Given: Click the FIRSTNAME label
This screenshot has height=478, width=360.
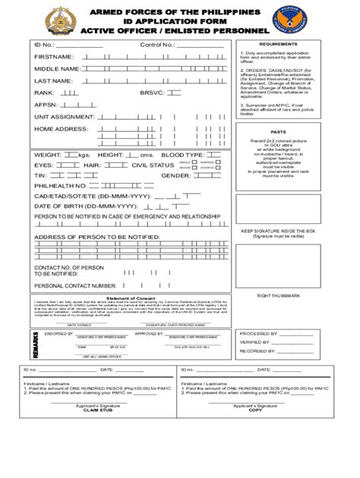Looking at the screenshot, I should (x=54, y=57).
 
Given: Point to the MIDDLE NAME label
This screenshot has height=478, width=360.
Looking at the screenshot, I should (x=57, y=69).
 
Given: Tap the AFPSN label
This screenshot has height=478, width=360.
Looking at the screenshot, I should (x=46, y=105).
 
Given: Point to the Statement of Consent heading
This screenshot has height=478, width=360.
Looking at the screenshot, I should (x=131, y=297).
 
